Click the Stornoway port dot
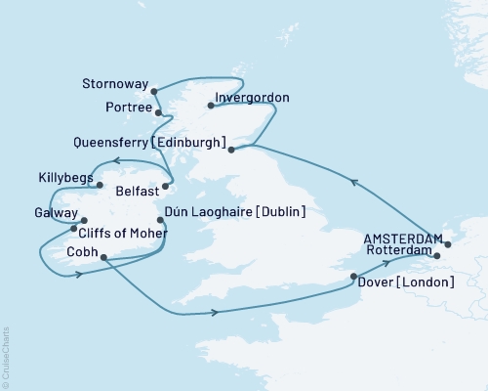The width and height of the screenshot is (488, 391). pyautogui.click(x=155, y=91)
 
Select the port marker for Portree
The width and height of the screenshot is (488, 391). pyautogui.click(x=158, y=113)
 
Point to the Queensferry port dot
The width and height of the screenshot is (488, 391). pyautogui.click(x=231, y=151)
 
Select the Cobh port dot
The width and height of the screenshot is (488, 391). pyautogui.click(x=102, y=259)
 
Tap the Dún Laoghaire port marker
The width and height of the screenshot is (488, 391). pyautogui.click(x=160, y=220)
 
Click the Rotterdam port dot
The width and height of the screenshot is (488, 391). pyautogui.click(x=436, y=256)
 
